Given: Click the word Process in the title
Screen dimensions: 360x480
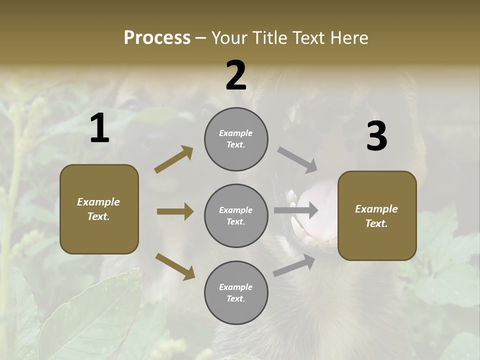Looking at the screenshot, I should tap(157, 38).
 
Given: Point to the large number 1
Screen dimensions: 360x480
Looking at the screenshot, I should tap(99, 128).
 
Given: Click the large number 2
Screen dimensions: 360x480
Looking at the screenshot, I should tap(236, 75).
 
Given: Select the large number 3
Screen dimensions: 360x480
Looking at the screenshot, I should tap(376, 136).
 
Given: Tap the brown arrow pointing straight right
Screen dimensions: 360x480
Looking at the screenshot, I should tap(175, 211).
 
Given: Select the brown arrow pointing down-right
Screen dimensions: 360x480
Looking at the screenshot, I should tap(175, 266).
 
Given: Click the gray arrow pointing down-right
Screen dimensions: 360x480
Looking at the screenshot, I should tap(297, 158).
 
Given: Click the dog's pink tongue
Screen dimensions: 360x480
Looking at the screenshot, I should tap(320, 200).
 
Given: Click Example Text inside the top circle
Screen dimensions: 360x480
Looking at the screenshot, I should tap(236, 139).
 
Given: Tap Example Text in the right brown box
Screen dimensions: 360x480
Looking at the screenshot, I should tap(376, 216).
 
